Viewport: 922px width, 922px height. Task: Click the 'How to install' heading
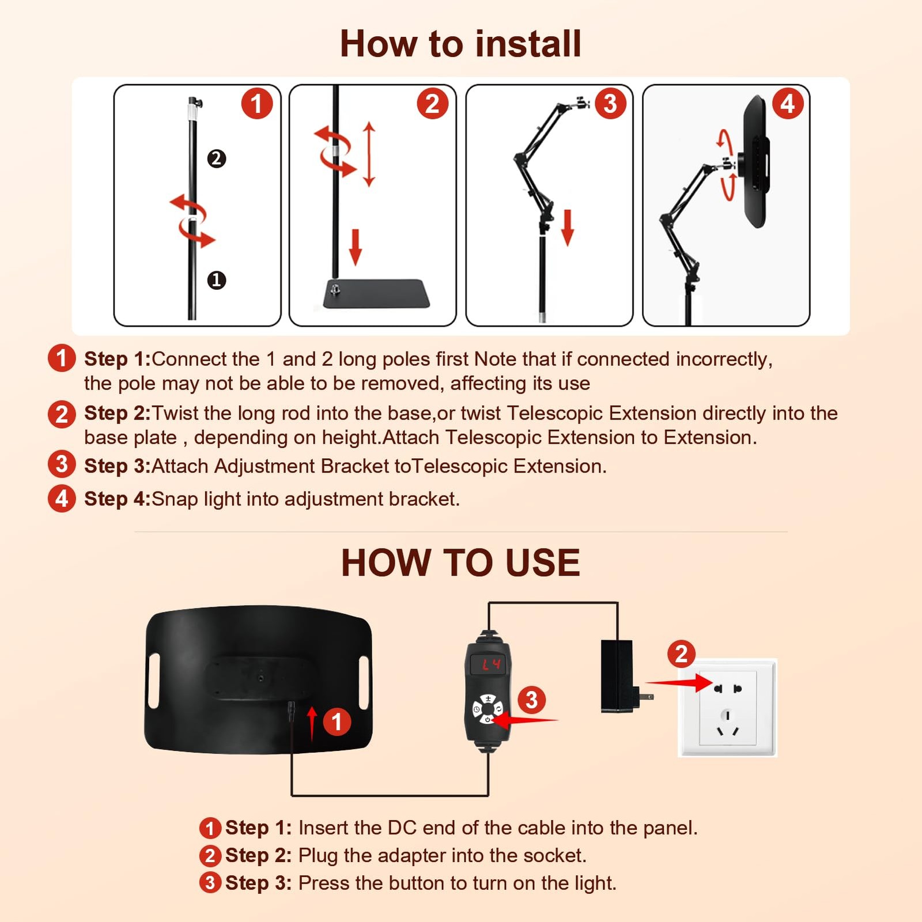(x=460, y=44)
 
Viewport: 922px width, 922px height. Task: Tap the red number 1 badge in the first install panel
(x=257, y=104)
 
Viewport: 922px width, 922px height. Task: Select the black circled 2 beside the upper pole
(x=217, y=158)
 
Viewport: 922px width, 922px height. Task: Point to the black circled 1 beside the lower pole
(x=217, y=280)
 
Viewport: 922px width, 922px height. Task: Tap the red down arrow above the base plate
(x=356, y=247)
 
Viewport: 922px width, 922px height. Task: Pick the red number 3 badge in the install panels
(x=610, y=104)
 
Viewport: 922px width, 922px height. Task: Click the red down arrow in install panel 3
(x=568, y=228)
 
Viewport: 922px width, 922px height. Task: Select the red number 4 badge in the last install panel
(x=788, y=104)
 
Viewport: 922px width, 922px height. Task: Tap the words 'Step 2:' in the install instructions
(x=118, y=413)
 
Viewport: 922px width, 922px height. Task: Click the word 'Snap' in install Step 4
(x=175, y=499)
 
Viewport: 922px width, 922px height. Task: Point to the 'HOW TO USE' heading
(x=460, y=562)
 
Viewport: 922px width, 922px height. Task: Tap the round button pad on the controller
(x=488, y=709)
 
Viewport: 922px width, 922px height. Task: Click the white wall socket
(x=728, y=708)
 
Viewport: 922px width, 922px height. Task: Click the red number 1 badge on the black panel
(x=337, y=721)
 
